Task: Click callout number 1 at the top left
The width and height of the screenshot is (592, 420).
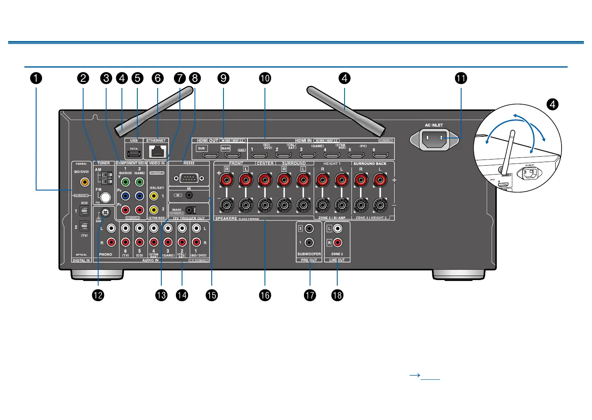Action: [x=36, y=78]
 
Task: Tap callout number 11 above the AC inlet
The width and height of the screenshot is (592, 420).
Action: [x=461, y=78]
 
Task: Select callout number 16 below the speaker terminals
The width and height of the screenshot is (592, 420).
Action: [x=265, y=295]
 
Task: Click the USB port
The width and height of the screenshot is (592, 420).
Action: [x=134, y=154]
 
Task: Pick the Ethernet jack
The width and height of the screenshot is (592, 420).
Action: [x=157, y=151]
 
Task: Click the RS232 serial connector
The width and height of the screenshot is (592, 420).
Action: [x=189, y=178]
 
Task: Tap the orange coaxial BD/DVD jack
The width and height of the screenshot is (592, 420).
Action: [x=85, y=182]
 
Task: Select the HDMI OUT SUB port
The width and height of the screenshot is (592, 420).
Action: [x=210, y=155]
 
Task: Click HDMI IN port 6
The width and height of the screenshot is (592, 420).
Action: [x=381, y=155]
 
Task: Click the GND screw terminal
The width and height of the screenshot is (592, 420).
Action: [x=105, y=212]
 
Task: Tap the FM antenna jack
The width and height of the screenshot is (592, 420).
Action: [x=105, y=197]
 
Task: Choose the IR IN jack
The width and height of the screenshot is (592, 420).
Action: [x=189, y=195]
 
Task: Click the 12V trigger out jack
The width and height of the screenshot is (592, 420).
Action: [x=190, y=210]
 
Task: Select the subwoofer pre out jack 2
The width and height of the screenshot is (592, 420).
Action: [x=309, y=229]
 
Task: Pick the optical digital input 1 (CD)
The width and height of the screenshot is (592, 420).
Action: [x=84, y=211]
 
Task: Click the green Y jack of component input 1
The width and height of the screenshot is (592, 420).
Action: [x=126, y=182]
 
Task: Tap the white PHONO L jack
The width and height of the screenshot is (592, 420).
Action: [x=111, y=229]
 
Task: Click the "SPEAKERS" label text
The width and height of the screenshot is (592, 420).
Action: [x=226, y=219]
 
